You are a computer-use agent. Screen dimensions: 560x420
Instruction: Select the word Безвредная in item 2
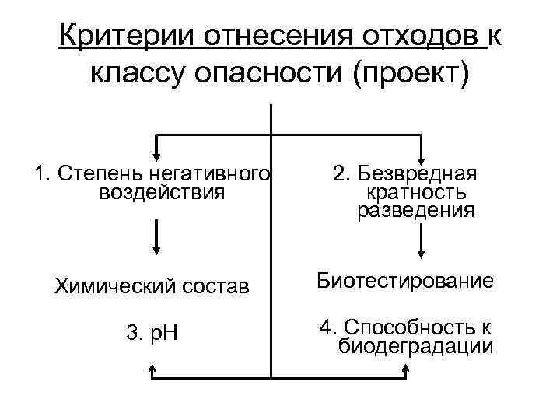tap(423, 173)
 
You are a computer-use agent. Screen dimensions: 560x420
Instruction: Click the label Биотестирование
tap(404, 281)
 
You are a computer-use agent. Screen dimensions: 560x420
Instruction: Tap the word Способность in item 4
tap(417, 327)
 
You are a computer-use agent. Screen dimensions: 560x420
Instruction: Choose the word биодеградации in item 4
tap(416, 346)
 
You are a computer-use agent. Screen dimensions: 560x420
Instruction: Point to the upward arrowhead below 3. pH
tap(152, 375)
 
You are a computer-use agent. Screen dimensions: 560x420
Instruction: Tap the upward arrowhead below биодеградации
tap(420, 375)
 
